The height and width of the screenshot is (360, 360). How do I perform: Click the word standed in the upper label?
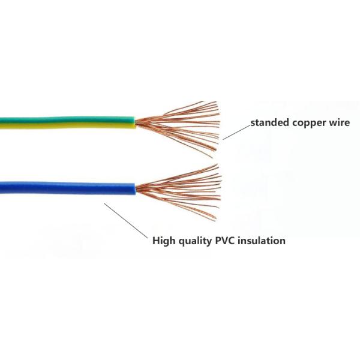click(x=269, y=124)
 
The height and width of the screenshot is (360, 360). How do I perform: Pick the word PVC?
click(x=228, y=241)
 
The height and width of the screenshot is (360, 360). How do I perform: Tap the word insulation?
click(x=263, y=241)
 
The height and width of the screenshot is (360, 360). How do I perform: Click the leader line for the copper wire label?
click(x=235, y=131)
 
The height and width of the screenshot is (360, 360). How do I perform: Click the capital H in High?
click(x=155, y=241)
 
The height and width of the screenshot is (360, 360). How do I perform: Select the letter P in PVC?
click(x=220, y=241)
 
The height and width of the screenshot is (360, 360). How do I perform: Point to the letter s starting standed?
click(x=253, y=124)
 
